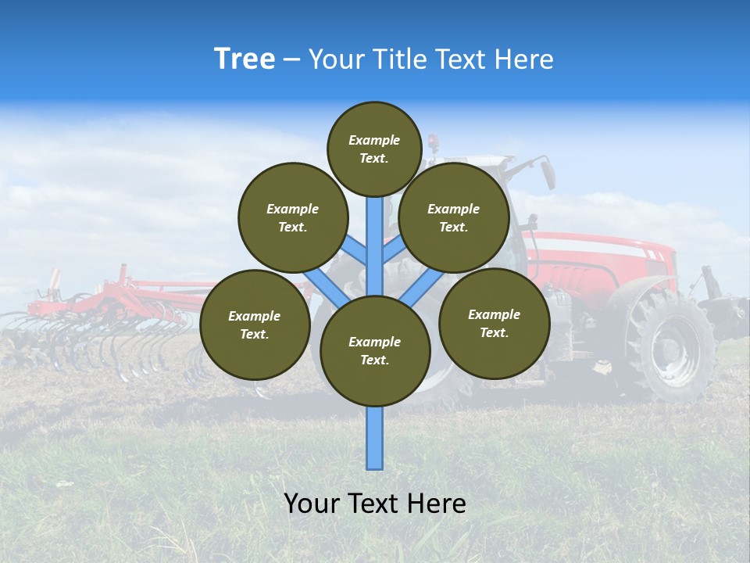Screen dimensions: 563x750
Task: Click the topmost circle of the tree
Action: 374,149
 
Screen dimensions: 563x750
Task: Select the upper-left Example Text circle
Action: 293,217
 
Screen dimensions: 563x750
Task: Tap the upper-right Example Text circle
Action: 454,217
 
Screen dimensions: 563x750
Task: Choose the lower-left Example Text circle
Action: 255,325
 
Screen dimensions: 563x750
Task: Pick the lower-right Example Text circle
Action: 494,323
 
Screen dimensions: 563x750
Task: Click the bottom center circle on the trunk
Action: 375,350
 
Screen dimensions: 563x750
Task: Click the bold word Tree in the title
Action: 245,59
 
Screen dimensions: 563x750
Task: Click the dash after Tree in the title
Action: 291,60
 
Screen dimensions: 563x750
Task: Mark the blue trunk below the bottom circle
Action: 375,438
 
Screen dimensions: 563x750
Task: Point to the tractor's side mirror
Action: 547,172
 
